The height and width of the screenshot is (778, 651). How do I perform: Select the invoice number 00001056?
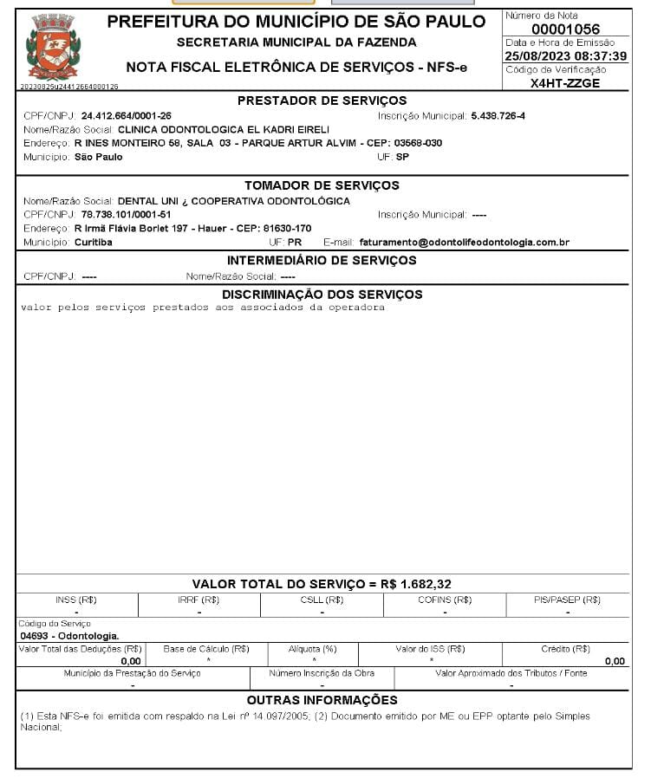click(564, 29)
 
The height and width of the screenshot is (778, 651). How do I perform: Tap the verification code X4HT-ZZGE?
click(564, 83)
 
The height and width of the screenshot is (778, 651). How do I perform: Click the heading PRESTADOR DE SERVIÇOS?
click(322, 101)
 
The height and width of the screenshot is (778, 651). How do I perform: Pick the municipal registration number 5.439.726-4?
click(498, 115)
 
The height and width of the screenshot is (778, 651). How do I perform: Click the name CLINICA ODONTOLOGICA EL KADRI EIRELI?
click(224, 129)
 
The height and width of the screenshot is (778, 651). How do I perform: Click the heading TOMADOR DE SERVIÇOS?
click(322, 185)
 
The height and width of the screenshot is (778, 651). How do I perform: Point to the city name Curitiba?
click(93, 243)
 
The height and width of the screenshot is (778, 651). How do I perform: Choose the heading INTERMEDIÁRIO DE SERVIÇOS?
click(322, 261)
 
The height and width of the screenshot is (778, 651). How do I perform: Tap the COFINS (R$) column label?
click(445, 600)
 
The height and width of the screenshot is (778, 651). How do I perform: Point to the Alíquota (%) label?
click(312, 649)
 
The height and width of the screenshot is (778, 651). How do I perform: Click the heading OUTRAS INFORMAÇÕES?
click(322, 700)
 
